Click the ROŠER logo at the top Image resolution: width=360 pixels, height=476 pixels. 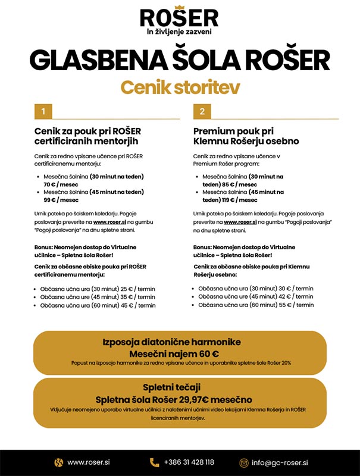click(x=179, y=16)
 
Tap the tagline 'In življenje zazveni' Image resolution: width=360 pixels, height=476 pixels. click(x=179, y=32)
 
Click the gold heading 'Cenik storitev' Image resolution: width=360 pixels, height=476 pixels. click(x=180, y=87)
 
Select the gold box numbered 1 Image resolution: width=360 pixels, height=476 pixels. click(x=43, y=111)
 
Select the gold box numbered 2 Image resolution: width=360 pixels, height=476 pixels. click(x=202, y=111)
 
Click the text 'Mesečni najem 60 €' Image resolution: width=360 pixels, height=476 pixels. click(x=180, y=352)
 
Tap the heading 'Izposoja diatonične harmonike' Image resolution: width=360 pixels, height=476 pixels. click(x=180, y=342)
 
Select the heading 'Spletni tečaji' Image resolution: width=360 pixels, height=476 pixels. click(x=180, y=387)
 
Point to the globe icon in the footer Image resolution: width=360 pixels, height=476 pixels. click(x=58, y=462)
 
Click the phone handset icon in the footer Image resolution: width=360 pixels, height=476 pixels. click(x=155, y=462)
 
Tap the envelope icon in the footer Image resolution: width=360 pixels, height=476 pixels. click(x=243, y=462)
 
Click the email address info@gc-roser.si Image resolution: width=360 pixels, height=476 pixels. click(x=280, y=462)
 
